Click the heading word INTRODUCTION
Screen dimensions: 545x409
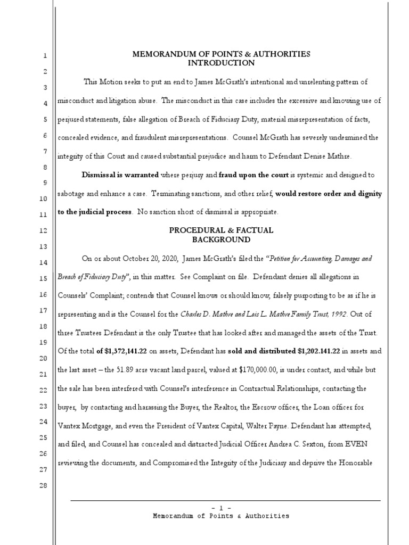pyautogui.click(x=221, y=63)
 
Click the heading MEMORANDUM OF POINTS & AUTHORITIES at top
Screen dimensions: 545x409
pyautogui.click(x=221, y=54)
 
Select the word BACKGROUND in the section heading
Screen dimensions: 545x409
pyautogui.click(x=221, y=240)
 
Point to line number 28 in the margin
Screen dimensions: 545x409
pyautogui.click(x=45, y=485)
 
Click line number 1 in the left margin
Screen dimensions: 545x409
pyautogui.click(x=45, y=56)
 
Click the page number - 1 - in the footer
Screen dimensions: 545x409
pyautogui.click(x=221, y=508)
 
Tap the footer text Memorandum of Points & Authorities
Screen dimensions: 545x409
pyautogui.click(x=221, y=516)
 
